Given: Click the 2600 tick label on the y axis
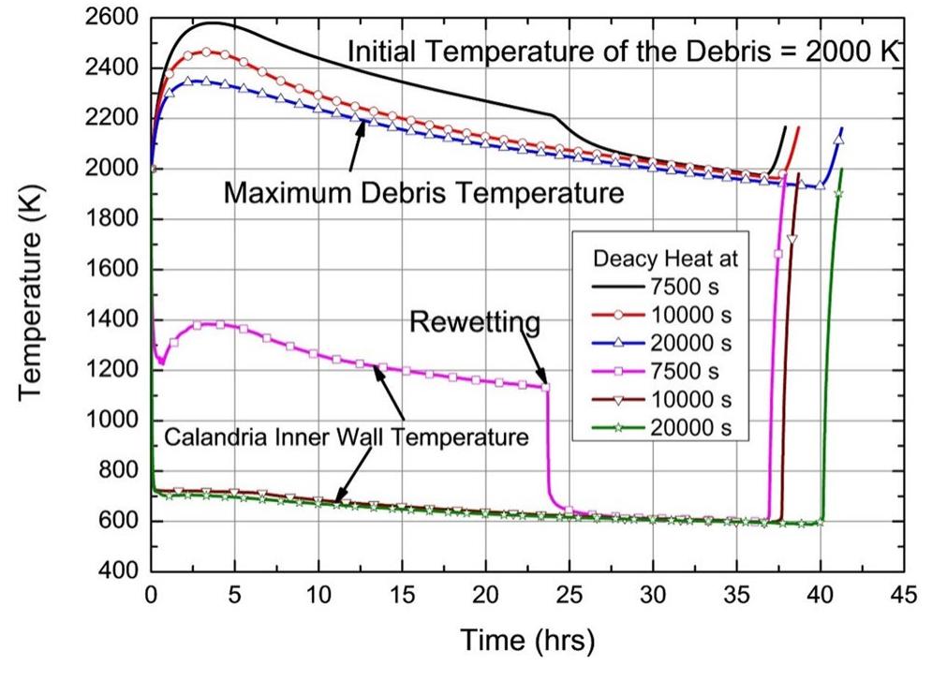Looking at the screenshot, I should (113, 18).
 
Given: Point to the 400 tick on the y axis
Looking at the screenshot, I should (122, 570).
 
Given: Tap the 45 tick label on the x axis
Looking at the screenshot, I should (903, 598).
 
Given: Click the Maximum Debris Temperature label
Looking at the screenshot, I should (424, 194).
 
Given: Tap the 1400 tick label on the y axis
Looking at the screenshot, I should (113, 319).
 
